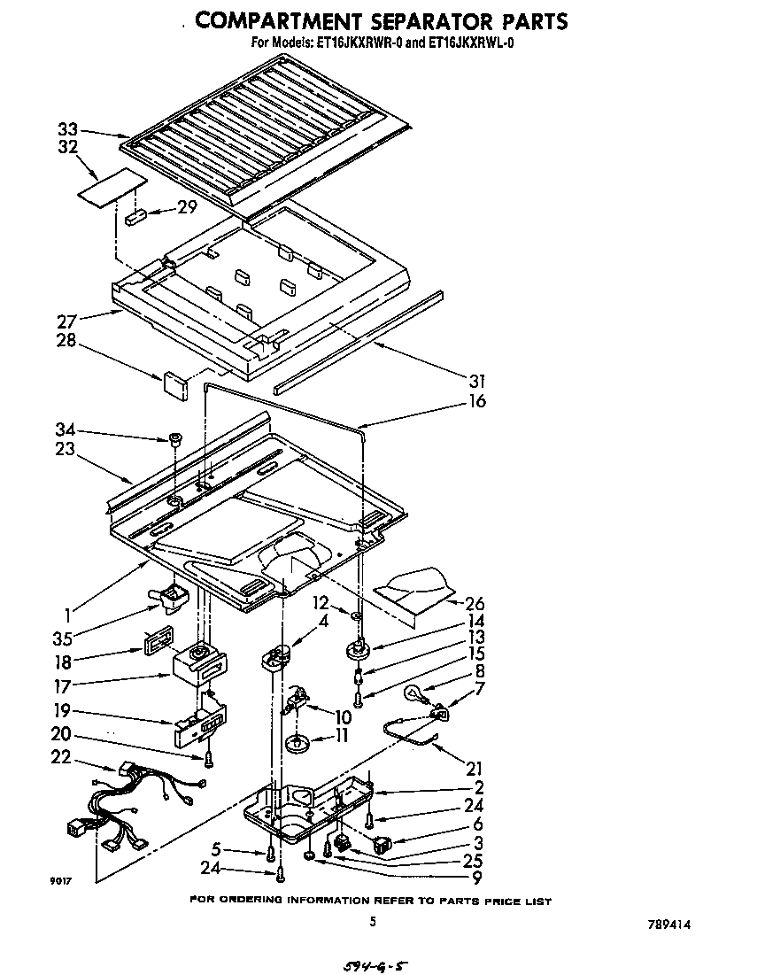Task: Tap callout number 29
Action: [186, 208]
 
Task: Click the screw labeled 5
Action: [267, 854]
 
